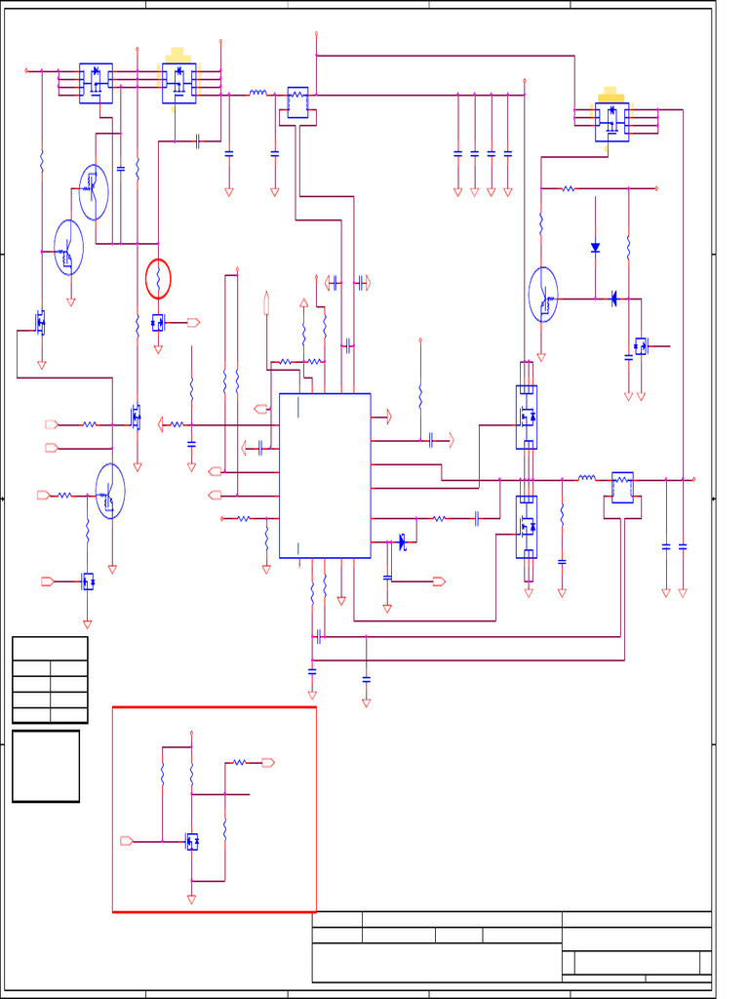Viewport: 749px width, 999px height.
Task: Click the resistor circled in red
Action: point(158,280)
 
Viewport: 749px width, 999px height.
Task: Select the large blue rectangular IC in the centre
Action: point(325,475)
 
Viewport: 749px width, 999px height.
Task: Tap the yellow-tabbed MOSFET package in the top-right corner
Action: point(611,120)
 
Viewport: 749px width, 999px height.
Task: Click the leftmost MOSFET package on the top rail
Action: point(96,82)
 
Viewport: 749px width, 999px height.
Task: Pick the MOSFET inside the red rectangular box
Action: point(192,841)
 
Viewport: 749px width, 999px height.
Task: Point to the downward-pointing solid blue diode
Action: point(595,248)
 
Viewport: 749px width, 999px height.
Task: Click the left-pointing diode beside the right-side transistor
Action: point(613,299)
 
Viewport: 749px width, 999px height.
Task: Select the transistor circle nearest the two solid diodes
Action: point(543,295)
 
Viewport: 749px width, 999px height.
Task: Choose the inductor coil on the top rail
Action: point(258,94)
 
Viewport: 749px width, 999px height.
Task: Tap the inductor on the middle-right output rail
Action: point(586,478)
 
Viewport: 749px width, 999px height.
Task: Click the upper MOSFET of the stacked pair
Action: point(527,417)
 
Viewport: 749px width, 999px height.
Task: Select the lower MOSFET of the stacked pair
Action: point(527,527)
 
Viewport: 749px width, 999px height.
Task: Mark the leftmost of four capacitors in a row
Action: point(457,153)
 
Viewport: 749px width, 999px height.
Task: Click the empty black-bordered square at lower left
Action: point(46,766)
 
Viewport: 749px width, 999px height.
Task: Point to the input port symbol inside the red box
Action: point(126,841)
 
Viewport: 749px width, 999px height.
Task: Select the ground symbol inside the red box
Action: point(191,899)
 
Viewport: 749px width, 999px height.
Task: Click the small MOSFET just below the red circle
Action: point(158,322)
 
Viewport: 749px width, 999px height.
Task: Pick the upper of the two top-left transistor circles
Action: point(94,192)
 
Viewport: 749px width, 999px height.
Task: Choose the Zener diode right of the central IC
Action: point(402,540)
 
